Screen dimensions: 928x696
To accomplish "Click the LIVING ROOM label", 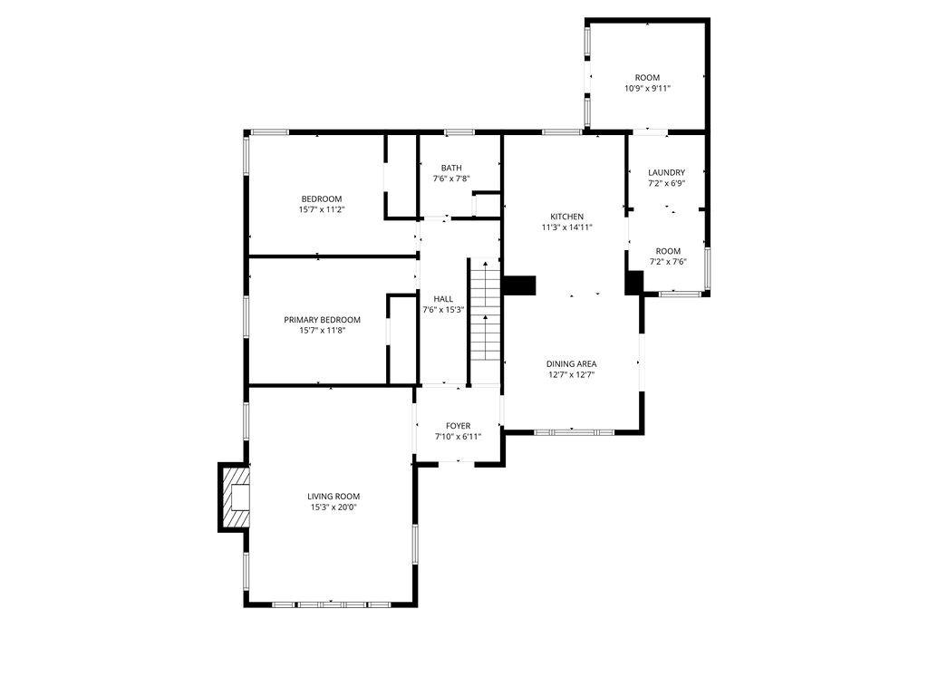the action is (333, 497).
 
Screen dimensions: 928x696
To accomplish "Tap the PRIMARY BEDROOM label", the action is (322, 320).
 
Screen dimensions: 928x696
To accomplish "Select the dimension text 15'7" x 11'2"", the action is (322, 209).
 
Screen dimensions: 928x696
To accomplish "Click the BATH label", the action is (451, 168).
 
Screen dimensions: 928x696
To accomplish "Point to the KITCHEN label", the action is (567, 217).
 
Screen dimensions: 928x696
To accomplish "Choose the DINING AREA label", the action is (571, 364).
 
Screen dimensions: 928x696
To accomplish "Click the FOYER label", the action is (458, 426).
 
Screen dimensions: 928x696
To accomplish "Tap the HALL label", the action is (443, 299).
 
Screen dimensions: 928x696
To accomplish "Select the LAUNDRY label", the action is (666, 173).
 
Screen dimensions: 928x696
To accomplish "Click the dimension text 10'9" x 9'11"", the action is (647, 88).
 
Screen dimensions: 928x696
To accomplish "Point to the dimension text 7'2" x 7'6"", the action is (668, 262).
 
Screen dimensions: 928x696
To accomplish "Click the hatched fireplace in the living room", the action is (235, 498).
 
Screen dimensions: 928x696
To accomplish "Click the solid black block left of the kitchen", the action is (519, 285).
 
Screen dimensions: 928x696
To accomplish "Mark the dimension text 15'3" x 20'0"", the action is (333, 507).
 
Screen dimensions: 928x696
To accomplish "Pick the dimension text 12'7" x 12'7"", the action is (571, 374).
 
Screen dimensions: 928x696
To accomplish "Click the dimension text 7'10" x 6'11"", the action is (458, 437).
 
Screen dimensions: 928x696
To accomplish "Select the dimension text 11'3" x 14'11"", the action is (567, 227).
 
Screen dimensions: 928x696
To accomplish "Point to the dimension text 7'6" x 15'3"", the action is (443, 310).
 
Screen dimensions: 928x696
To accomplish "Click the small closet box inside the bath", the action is (487, 205).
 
